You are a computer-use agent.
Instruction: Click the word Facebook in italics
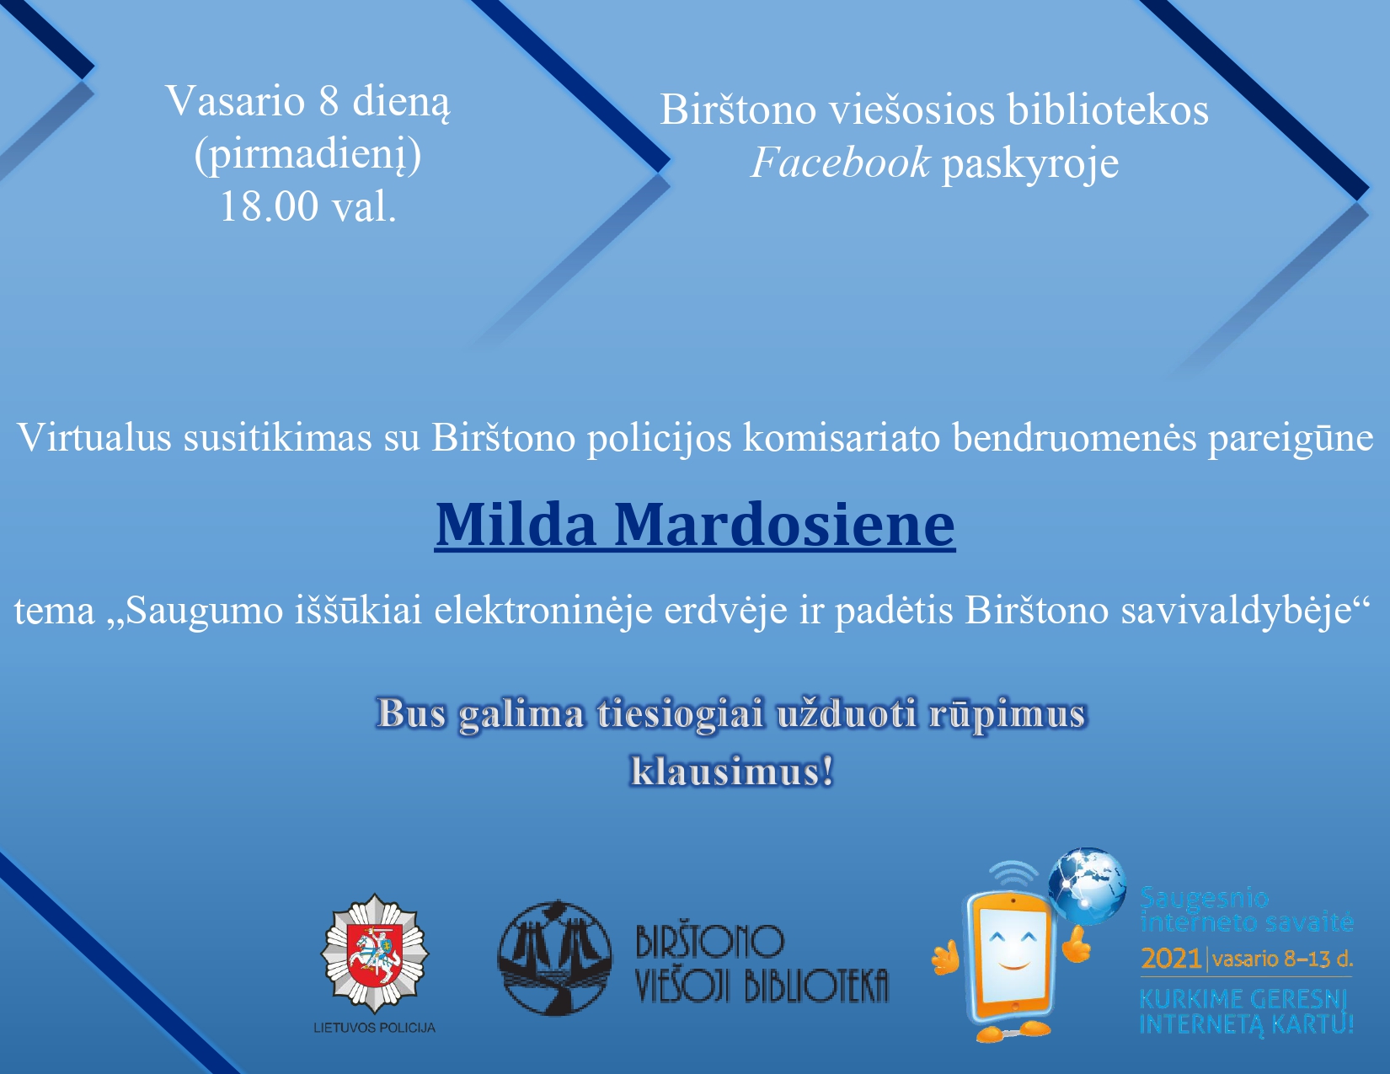point(840,163)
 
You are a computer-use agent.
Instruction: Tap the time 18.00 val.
point(307,206)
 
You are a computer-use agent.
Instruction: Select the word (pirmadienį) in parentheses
point(307,157)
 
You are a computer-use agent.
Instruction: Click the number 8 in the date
point(329,101)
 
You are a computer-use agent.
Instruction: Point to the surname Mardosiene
point(785,525)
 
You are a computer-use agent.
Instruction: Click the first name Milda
point(516,525)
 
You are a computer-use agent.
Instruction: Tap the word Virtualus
point(94,437)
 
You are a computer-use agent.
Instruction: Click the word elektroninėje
point(543,611)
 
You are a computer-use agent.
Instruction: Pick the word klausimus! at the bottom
point(732,771)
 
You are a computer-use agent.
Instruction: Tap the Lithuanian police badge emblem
point(374,953)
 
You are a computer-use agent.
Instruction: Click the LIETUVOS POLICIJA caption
point(374,1028)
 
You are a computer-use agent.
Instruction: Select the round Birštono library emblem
point(554,958)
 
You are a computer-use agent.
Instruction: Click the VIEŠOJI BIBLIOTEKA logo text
point(762,985)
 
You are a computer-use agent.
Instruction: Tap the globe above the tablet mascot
point(1087,887)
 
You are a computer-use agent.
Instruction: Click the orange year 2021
point(1171,959)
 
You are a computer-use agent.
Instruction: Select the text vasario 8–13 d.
point(1282,959)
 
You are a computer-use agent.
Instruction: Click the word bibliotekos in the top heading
point(1108,110)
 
